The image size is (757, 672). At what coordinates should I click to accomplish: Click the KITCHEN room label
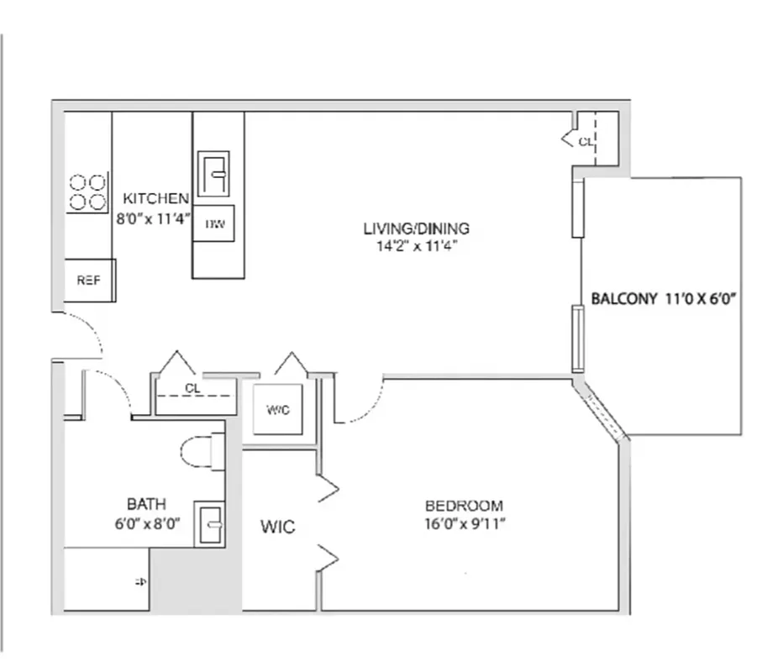pyautogui.click(x=156, y=199)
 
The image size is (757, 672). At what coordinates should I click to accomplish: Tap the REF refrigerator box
pyautogui.click(x=89, y=281)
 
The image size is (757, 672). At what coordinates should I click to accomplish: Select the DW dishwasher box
pyautogui.click(x=213, y=224)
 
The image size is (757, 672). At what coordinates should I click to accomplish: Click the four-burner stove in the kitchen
pyautogui.click(x=88, y=192)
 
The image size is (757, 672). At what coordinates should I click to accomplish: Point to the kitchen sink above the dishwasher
pyautogui.click(x=213, y=174)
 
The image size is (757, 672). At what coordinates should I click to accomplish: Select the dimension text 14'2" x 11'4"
pyautogui.click(x=416, y=246)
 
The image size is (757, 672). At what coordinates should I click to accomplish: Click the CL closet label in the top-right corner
pyautogui.click(x=585, y=142)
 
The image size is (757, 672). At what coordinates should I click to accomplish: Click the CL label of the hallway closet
pyautogui.click(x=193, y=389)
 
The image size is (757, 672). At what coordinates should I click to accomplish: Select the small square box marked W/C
pyautogui.click(x=278, y=410)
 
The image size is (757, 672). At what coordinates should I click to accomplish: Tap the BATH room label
pyautogui.click(x=146, y=505)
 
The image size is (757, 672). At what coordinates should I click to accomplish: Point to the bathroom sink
pyautogui.click(x=209, y=524)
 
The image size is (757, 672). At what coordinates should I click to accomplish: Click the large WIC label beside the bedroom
pyautogui.click(x=277, y=528)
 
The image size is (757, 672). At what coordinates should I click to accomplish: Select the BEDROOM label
pyautogui.click(x=464, y=506)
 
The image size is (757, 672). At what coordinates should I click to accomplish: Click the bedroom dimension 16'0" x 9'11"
pyautogui.click(x=464, y=524)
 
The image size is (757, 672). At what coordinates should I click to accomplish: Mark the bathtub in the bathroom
pyautogui.click(x=107, y=580)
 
